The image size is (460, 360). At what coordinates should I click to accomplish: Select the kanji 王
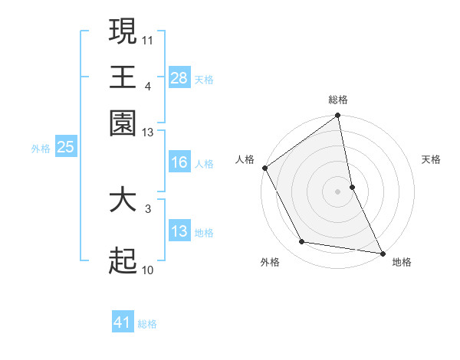pos(123,77)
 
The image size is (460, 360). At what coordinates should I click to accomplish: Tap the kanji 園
pos(123,123)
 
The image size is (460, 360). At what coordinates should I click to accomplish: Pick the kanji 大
pos(123,200)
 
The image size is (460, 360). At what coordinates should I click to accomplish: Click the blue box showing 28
pos(179,77)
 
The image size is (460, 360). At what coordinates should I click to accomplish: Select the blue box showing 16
pos(179,162)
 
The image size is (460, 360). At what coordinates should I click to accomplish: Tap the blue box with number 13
pos(179,231)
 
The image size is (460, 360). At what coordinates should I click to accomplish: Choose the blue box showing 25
pos(65,148)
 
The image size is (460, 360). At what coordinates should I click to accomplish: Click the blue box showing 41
pos(123,322)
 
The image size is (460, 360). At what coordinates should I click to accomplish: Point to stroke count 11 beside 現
pos(148,39)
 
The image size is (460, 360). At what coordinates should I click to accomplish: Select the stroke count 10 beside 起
pos(148,270)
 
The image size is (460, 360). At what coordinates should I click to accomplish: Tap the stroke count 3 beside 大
pos(148,208)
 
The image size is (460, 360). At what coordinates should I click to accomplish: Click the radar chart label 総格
pos(338,100)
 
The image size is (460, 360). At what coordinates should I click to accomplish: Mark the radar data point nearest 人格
pos(265,168)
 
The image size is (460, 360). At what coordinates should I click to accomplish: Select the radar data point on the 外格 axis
pos(302,242)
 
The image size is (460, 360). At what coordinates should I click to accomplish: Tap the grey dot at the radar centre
pos(338,191)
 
